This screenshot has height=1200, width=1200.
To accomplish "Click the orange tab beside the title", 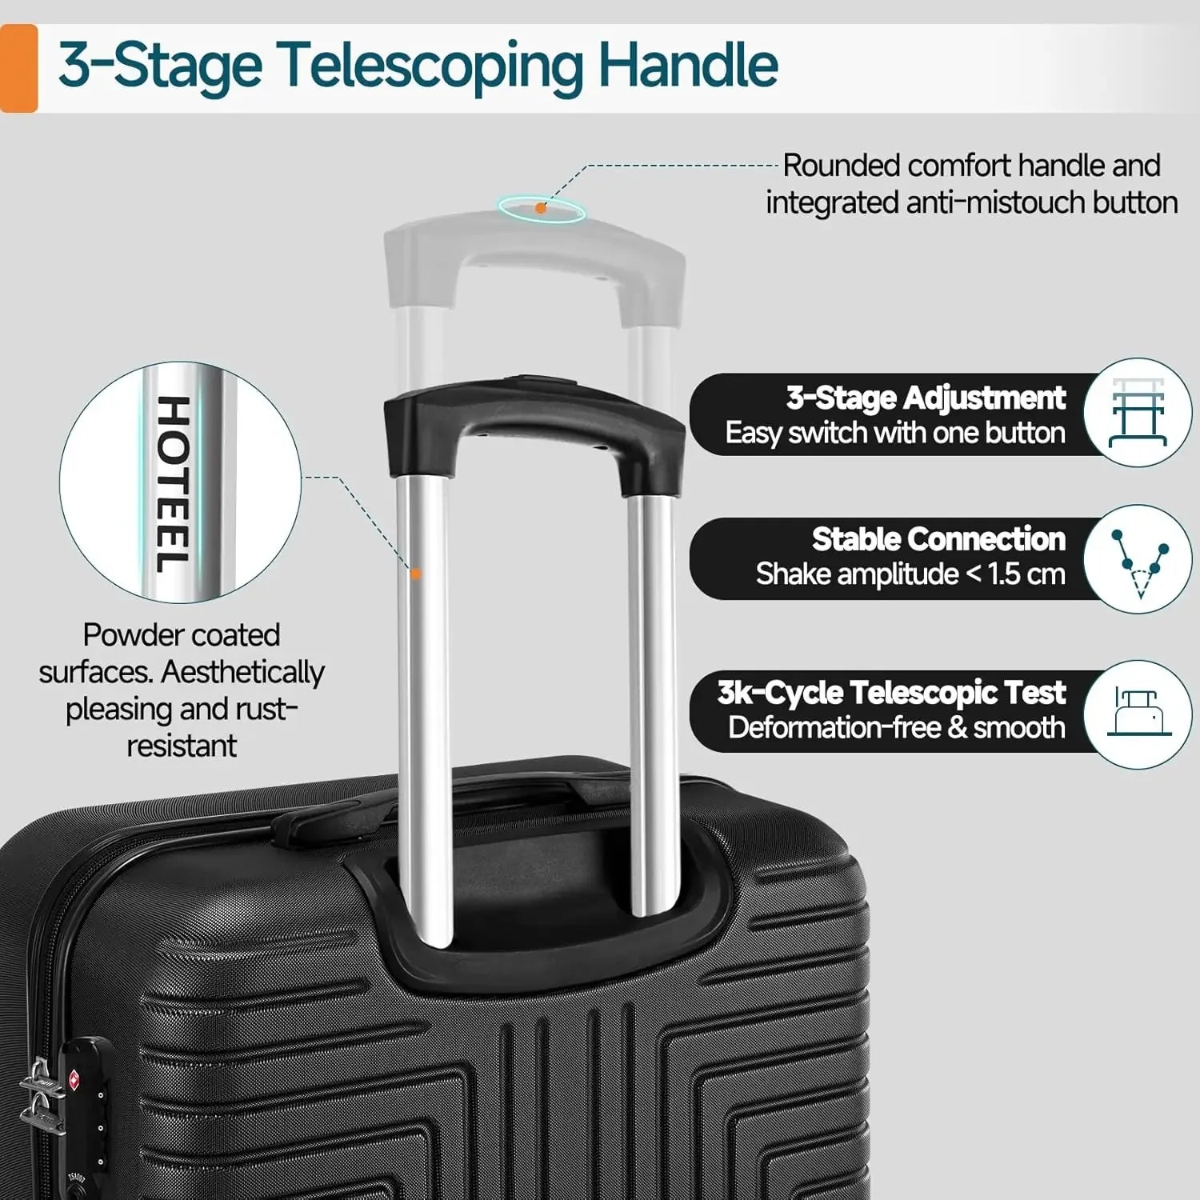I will (x=18, y=68).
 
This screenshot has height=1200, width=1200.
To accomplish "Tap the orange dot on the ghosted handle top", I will (x=541, y=208).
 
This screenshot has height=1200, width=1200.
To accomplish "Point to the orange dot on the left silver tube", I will (x=415, y=574).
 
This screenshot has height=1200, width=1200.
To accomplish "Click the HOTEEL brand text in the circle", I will (x=173, y=484).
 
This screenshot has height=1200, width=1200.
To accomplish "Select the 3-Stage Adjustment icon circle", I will (x=1138, y=413).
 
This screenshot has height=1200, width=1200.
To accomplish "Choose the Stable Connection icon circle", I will (x=1138, y=559).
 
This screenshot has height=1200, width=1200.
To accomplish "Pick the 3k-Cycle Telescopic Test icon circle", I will (x=1138, y=714).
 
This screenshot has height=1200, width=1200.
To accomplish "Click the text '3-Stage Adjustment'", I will (x=926, y=398).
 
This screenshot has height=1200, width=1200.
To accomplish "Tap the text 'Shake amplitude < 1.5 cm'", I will (x=910, y=574).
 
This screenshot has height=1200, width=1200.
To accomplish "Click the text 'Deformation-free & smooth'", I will (x=896, y=727).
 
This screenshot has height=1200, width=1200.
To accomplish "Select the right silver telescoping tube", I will (x=651, y=704).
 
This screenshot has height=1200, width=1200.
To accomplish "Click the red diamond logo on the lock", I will (x=74, y=1078).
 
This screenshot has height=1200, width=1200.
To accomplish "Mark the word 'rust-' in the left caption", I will (x=266, y=709).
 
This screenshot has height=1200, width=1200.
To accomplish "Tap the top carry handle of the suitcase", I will (x=336, y=820).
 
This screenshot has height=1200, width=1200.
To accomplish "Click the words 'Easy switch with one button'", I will (x=894, y=433).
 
